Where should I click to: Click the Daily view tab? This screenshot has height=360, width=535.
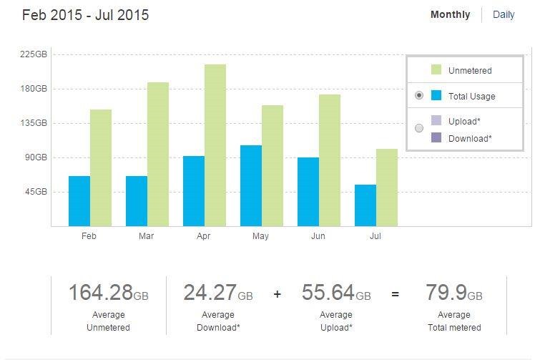[x=504, y=14]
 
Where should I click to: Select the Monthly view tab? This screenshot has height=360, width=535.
[x=450, y=14]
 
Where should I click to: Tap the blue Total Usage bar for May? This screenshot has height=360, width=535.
[x=251, y=185]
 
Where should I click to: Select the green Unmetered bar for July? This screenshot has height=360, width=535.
[x=387, y=188]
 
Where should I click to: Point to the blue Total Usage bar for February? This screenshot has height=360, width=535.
[x=79, y=201]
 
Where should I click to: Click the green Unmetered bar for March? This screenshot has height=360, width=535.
[x=158, y=154]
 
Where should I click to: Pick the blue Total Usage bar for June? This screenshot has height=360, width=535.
[x=308, y=192]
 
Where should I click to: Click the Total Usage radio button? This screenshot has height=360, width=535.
[x=419, y=95]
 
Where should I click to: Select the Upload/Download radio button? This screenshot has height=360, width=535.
[x=419, y=128]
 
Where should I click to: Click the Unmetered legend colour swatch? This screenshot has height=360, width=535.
[x=436, y=70]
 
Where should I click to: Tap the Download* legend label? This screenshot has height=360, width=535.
[x=470, y=138]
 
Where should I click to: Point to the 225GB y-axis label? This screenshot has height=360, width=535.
[x=34, y=54]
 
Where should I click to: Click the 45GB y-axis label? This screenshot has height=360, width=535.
[x=36, y=192]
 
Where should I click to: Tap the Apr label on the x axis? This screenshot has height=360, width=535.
[x=203, y=236]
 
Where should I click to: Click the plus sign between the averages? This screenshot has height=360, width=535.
[x=278, y=293]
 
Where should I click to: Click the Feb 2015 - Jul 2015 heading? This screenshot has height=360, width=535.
[x=85, y=15]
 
